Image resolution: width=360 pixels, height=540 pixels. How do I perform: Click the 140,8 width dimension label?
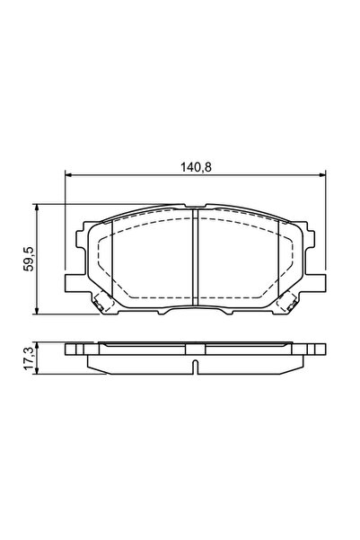pyautogui.click(x=196, y=167)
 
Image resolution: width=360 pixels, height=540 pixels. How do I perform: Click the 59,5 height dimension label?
pyautogui.click(x=29, y=259)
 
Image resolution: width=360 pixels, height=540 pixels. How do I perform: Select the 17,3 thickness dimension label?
pyautogui.click(x=29, y=359)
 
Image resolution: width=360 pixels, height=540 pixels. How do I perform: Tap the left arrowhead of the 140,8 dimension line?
pyautogui.click(x=68, y=175)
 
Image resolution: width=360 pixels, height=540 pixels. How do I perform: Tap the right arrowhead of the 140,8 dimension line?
pyautogui.click(x=322, y=175)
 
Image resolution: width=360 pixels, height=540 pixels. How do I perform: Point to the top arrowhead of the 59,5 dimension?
pyautogui.click(x=36, y=207)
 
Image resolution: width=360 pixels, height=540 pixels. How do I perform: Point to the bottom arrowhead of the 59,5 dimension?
pyautogui.click(x=36, y=311)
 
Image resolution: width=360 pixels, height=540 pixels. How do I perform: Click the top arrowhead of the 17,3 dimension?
pyautogui.click(x=36, y=345)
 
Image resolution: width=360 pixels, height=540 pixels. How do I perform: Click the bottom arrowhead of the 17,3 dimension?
pyautogui.click(x=36, y=371)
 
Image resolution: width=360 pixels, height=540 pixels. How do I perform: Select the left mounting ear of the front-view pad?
pyautogui.click(x=74, y=284)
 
